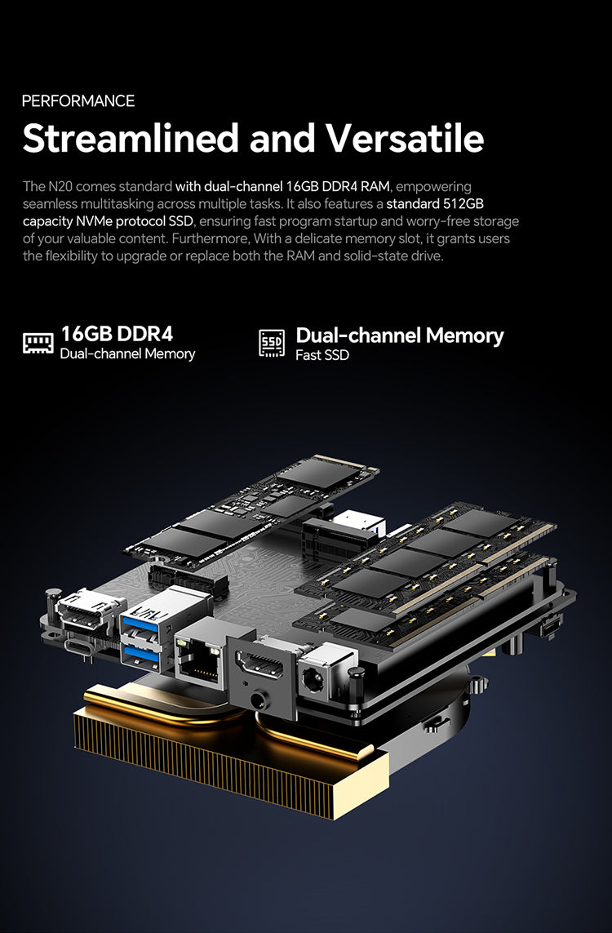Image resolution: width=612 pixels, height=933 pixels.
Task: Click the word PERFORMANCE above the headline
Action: point(78,100)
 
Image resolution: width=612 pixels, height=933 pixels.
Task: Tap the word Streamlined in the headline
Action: point(131,138)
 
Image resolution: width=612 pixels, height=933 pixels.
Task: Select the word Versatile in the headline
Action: point(405,138)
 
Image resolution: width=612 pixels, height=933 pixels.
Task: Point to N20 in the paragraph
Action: point(60,186)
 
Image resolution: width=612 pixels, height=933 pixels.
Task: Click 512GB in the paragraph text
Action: point(463,203)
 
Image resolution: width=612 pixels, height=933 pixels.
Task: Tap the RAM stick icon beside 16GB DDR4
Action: point(38,343)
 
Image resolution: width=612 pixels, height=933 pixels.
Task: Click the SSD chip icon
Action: point(272,344)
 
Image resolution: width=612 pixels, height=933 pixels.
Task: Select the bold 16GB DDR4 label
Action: point(118,334)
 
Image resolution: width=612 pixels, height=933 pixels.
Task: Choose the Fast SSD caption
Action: point(322,355)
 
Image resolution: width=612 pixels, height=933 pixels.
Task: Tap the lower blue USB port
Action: point(140,655)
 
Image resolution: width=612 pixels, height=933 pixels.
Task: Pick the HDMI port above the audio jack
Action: point(260,664)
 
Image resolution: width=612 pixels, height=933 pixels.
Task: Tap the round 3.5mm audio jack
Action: point(259,700)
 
